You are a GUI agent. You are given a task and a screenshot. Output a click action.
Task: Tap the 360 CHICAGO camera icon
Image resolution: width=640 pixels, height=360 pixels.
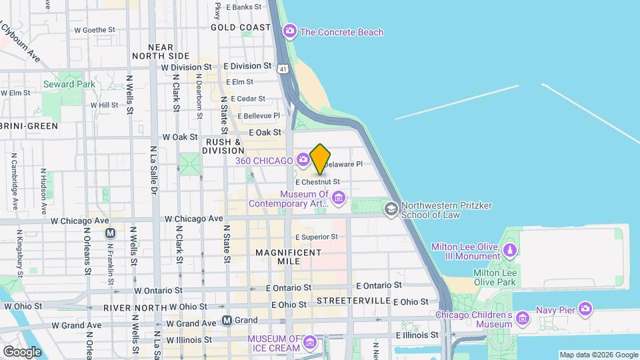[303, 159]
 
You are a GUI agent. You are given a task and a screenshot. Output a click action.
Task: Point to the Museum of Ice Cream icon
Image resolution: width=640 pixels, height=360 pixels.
[309, 343]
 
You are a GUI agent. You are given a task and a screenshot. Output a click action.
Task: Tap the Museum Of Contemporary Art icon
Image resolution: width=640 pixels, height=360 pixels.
[339, 197]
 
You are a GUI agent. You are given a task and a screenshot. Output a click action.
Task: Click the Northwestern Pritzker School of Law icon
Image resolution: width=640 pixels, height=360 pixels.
[391, 209]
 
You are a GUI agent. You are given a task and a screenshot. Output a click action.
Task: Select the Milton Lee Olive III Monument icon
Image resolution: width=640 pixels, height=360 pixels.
[510, 250]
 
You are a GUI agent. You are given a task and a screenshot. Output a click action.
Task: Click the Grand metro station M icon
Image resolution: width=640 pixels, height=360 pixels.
[227, 320]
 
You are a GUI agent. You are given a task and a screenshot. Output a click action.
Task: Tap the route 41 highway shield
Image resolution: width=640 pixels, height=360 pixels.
[284, 69]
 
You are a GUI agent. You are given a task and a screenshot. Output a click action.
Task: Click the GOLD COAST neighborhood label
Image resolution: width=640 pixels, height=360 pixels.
[241, 27]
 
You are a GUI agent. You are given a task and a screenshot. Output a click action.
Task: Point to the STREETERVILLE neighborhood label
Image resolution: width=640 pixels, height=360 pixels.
[353, 301]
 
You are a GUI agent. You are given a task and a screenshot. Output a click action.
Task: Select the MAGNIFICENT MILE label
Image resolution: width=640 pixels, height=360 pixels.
[289, 258]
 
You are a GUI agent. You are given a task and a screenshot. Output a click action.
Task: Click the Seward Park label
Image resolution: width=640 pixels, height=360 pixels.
[69, 84]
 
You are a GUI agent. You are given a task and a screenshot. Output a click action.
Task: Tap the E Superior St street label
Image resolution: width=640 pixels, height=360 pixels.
[316, 237]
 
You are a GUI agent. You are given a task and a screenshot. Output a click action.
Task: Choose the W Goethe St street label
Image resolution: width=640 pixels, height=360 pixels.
[95, 30]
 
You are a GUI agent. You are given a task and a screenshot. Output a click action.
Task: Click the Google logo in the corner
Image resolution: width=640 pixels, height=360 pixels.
[21, 351]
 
